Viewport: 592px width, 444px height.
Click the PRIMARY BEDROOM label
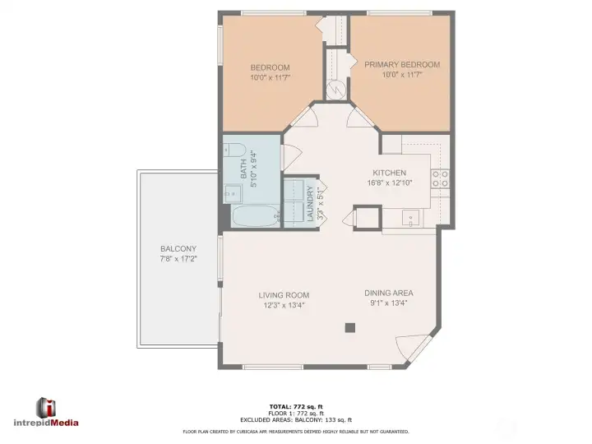coord(401,65)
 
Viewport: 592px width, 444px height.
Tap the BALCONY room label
coord(178,249)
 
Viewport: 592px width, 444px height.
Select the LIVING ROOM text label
coord(284,295)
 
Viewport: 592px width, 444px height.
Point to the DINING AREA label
coord(388,293)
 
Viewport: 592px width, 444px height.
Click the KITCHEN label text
coord(389,173)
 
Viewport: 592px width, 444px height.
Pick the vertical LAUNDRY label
coord(311,204)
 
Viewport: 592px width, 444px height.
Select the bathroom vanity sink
coord(233,194)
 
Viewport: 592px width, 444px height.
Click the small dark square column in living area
coord(350,327)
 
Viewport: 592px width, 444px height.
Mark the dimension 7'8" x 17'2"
coord(178,258)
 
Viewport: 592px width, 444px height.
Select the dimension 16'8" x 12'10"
coord(389,183)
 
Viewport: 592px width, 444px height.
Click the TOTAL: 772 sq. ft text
coord(295,407)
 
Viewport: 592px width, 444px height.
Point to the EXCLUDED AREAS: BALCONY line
coord(295,419)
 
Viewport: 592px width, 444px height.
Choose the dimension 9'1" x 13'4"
coord(388,303)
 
